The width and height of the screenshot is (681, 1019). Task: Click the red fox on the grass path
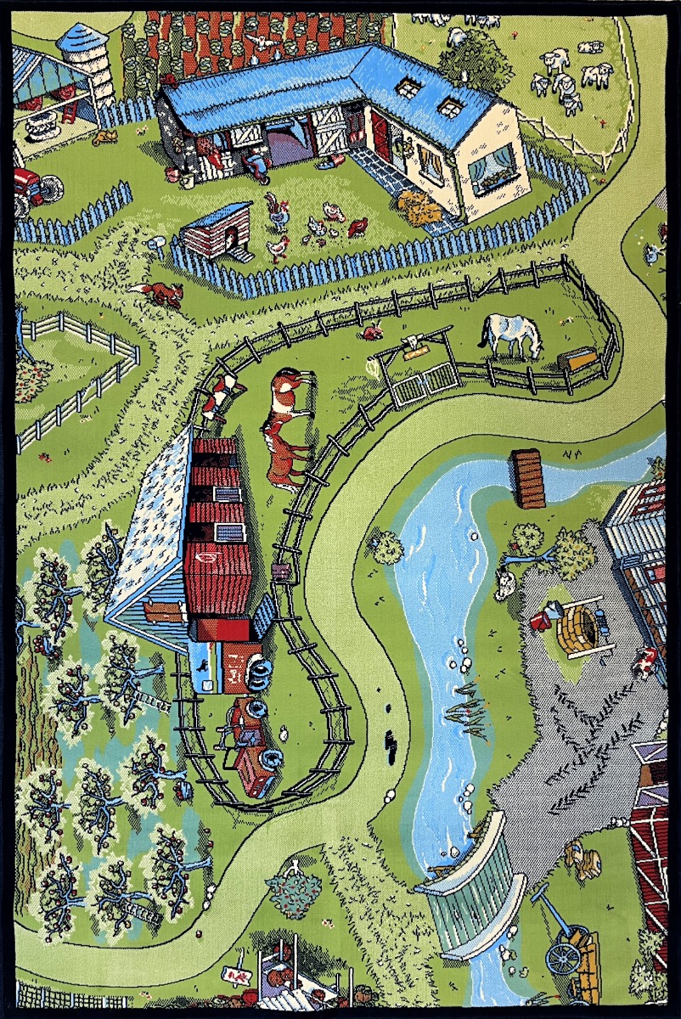coord(161,294)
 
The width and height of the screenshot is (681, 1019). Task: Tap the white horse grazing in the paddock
coord(509,334)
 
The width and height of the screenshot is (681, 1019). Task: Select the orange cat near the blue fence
coord(106,137)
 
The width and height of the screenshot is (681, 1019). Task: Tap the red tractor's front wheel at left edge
coord(50,187)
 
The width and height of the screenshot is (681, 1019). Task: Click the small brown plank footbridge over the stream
coord(528,478)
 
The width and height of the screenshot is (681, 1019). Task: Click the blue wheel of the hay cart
coord(561,958)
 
